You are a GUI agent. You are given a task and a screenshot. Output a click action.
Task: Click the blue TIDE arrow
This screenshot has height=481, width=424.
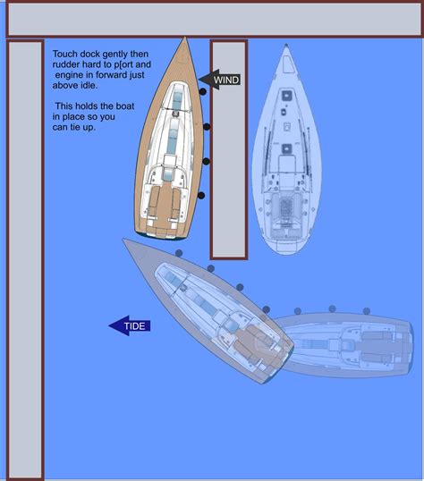130,325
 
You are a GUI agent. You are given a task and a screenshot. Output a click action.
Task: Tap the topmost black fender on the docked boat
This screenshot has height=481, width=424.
205,128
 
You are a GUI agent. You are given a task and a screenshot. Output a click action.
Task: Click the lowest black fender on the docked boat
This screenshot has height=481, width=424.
201,194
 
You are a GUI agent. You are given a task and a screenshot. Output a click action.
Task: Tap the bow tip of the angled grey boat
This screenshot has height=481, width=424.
125,240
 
